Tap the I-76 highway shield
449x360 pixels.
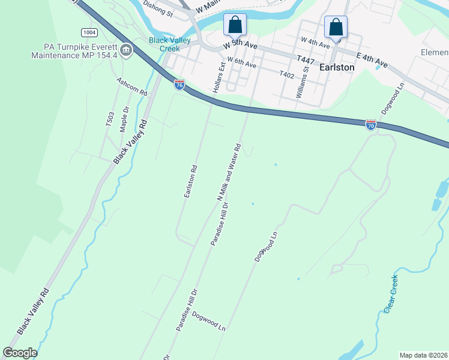coord(179,84)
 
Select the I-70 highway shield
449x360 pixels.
coord(371,124)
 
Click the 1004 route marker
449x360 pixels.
coord(89,32)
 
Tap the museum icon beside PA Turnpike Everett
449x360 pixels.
coord(126,50)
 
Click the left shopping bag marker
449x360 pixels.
coord(235,25)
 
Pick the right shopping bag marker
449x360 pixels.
coord(336,27)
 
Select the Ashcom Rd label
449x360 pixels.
coord(132,87)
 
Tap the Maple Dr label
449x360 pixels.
coord(125,119)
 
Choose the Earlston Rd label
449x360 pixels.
coord(190,181)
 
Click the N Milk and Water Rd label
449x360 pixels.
coord(229,172)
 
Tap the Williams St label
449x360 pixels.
coord(301,82)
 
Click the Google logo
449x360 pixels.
coord(20,352)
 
